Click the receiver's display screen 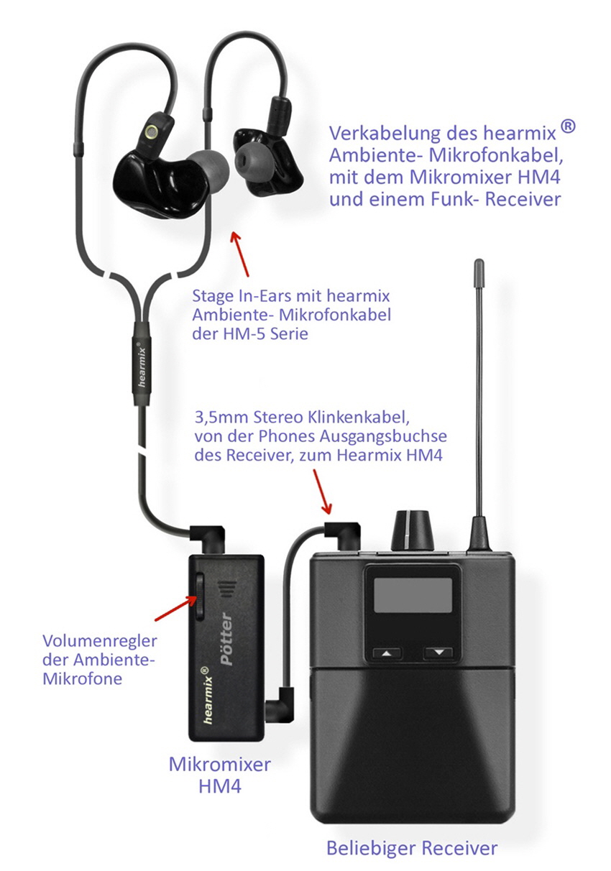pos(412,595)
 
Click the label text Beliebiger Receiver pos(412,848)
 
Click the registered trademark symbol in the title pos(569,128)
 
